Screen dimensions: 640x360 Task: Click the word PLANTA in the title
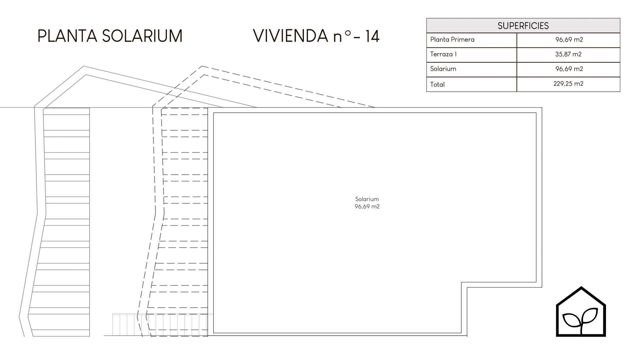(x=67, y=36)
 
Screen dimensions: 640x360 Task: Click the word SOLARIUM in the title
(x=142, y=36)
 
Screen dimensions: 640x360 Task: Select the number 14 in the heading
(x=373, y=36)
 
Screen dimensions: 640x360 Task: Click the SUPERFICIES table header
(x=523, y=26)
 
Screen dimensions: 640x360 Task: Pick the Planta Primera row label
(x=452, y=39)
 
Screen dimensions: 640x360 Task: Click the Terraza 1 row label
(x=443, y=54)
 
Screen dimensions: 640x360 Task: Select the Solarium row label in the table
(x=443, y=69)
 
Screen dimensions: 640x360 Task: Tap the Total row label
(x=437, y=84)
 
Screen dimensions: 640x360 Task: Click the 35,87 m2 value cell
(x=568, y=54)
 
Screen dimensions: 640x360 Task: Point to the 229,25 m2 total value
(x=568, y=84)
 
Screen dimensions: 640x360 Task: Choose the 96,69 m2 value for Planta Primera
(x=569, y=39)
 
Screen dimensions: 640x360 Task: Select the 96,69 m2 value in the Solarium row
(x=569, y=69)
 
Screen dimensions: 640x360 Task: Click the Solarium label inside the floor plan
(x=367, y=199)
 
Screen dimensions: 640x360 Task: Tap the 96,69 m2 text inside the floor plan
(x=367, y=206)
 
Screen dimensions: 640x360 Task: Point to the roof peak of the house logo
(x=581, y=287)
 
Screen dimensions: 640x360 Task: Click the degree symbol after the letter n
(x=348, y=34)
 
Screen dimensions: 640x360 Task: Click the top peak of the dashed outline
(x=202, y=66)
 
